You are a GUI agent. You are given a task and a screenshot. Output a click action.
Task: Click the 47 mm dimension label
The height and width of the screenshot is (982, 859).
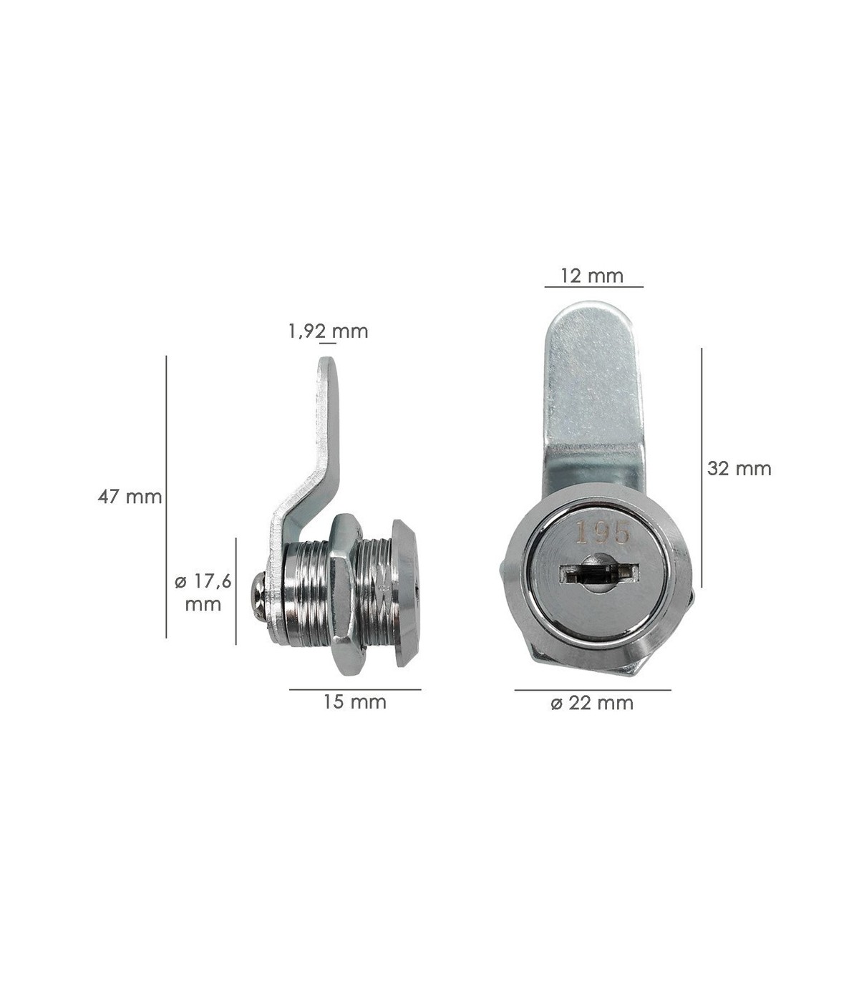130,497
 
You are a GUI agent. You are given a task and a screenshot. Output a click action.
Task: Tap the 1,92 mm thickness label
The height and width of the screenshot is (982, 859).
329,331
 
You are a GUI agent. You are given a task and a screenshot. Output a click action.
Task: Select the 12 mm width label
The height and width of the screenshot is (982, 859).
592,276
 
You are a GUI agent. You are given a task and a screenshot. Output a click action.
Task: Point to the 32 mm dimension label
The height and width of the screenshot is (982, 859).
739,468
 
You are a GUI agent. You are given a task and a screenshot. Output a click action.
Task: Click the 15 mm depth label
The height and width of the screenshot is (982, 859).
354,702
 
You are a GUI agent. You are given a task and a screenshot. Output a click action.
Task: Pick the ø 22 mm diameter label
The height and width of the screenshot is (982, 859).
592,703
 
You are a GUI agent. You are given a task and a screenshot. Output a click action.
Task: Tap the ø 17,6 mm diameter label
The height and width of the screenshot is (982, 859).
203,593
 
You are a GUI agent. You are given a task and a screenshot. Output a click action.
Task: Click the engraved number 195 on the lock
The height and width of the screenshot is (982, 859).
603,533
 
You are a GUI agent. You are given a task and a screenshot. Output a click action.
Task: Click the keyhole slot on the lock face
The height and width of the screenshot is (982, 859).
600,573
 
